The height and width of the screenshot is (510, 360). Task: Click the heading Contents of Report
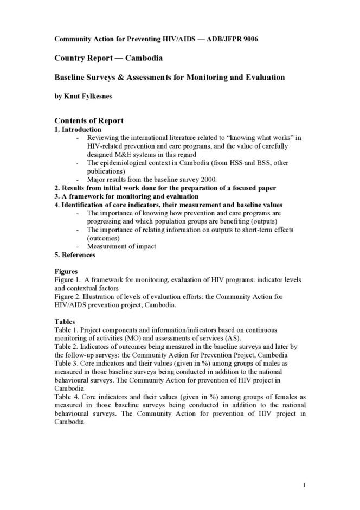89,120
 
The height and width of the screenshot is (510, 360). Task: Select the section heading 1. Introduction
78,130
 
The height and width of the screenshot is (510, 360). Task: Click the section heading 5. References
75,254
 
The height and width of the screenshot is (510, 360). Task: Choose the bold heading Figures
66,271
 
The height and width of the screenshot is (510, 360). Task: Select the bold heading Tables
65,321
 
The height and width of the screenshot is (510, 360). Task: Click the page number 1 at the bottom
305,484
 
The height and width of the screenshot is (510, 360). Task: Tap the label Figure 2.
68,296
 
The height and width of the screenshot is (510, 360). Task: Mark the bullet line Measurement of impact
121,246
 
